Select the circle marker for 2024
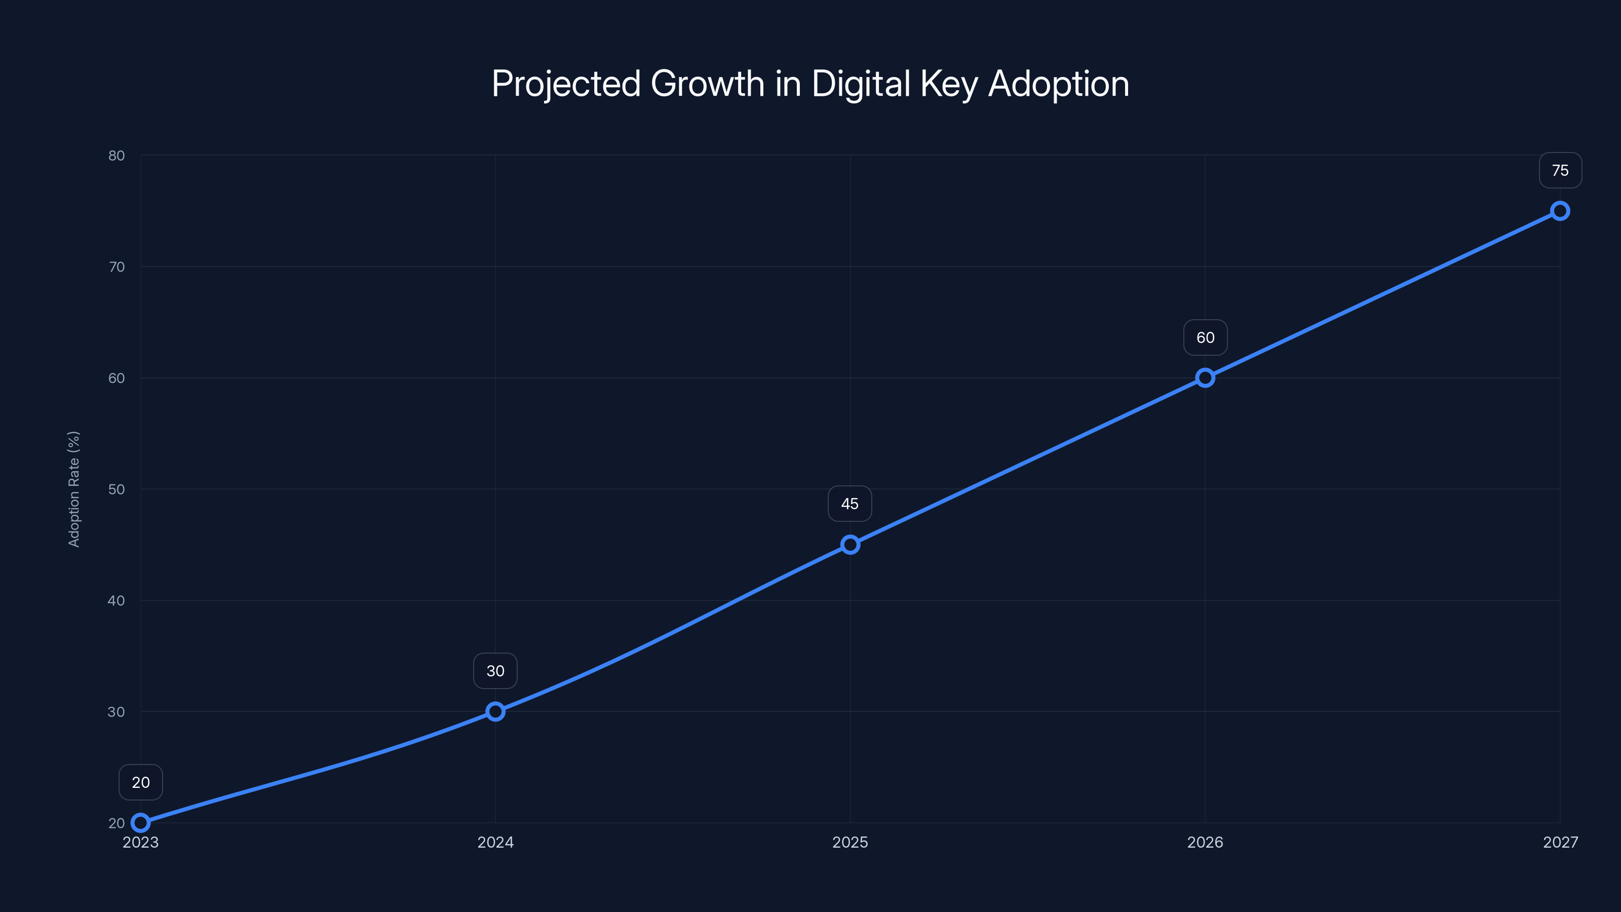pyautogui.click(x=495, y=711)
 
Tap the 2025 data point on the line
pyautogui.click(x=850, y=545)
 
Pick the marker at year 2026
pyautogui.click(x=1205, y=377)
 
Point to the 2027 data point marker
pyautogui.click(x=1560, y=211)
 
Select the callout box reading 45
pyautogui.click(x=850, y=504)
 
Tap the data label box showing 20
pyautogui.click(x=140, y=782)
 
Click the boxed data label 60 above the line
pyautogui.click(x=1205, y=337)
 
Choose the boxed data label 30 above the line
pyautogui.click(x=495, y=671)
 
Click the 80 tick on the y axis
pyautogui.click(x=117, y=156)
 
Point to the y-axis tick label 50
pyautogui.click(x=117, y=489)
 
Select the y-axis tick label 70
pyautogui.click(x=117, y=267)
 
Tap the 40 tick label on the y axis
pyautogui.click(x=117, y=600)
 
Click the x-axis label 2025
pyautogui.click(x=850, y=842)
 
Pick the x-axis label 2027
pyautogui.click(x=1560, y=842)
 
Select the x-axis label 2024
pyautogui.click(x=495, y=842)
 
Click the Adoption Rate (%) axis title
pyautogui.click(x=73, y=489)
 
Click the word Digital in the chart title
pyautogui.click(x=861, y=84)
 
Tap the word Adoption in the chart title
pyautogui.click(x=1058, y=84)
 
